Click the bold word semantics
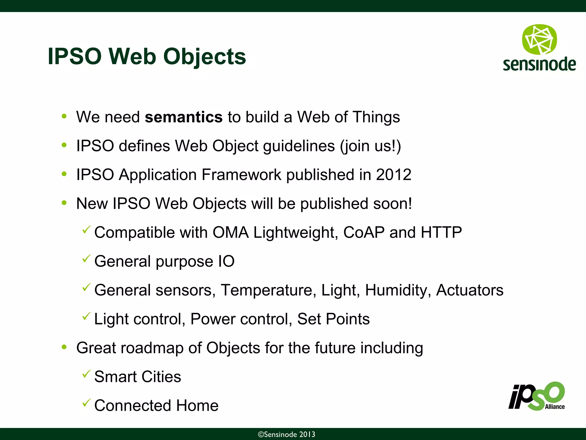tap(183, 117)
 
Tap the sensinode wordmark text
tap(539, 64)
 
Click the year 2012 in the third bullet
tap(393, 175)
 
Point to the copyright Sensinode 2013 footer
tap(286, 435)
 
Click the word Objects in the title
tap(204, 56)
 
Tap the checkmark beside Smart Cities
tap(86, 374)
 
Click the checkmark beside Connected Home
tap(86, 403)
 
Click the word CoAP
tap(364, 232)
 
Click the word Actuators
tap(470, 290)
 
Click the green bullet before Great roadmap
tap(64, 347)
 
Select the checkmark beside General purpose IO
tap(86, 258)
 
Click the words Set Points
tap(333, 319)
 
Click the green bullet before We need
tap(64, 117)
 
